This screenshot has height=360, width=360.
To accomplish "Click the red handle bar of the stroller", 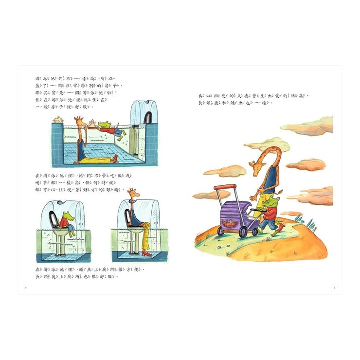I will [224, 186].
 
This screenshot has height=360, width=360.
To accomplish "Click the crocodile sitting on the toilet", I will [66, 222].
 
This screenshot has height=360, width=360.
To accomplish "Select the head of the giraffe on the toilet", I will [132, 194].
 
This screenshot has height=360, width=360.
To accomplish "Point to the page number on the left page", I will [25, 287].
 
